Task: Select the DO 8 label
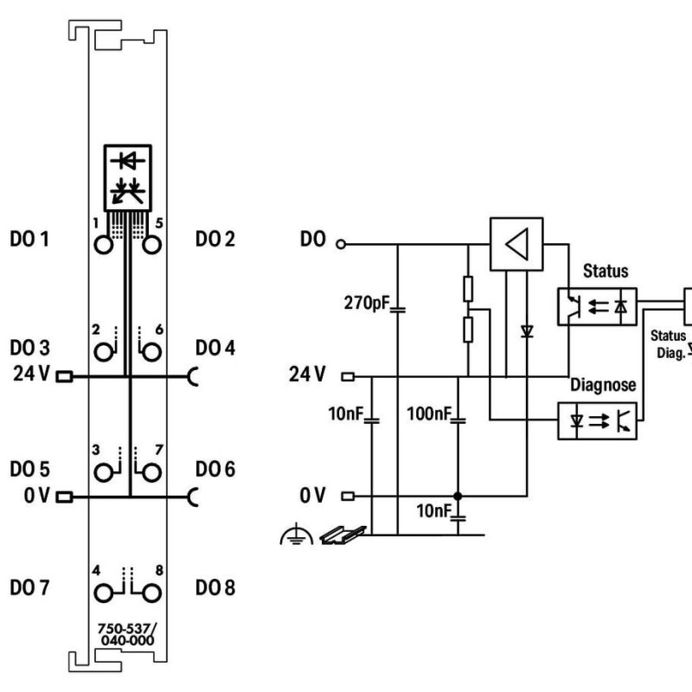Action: (x=215, y=589)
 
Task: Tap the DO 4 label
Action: (x=215, y=348)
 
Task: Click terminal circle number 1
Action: (x=105, y=244)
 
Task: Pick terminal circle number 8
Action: (x=152, y=593)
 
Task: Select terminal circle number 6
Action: (x=152, y=352)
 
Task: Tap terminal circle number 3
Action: (x=105, y=473)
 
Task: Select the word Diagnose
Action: (x=603, y=384)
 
